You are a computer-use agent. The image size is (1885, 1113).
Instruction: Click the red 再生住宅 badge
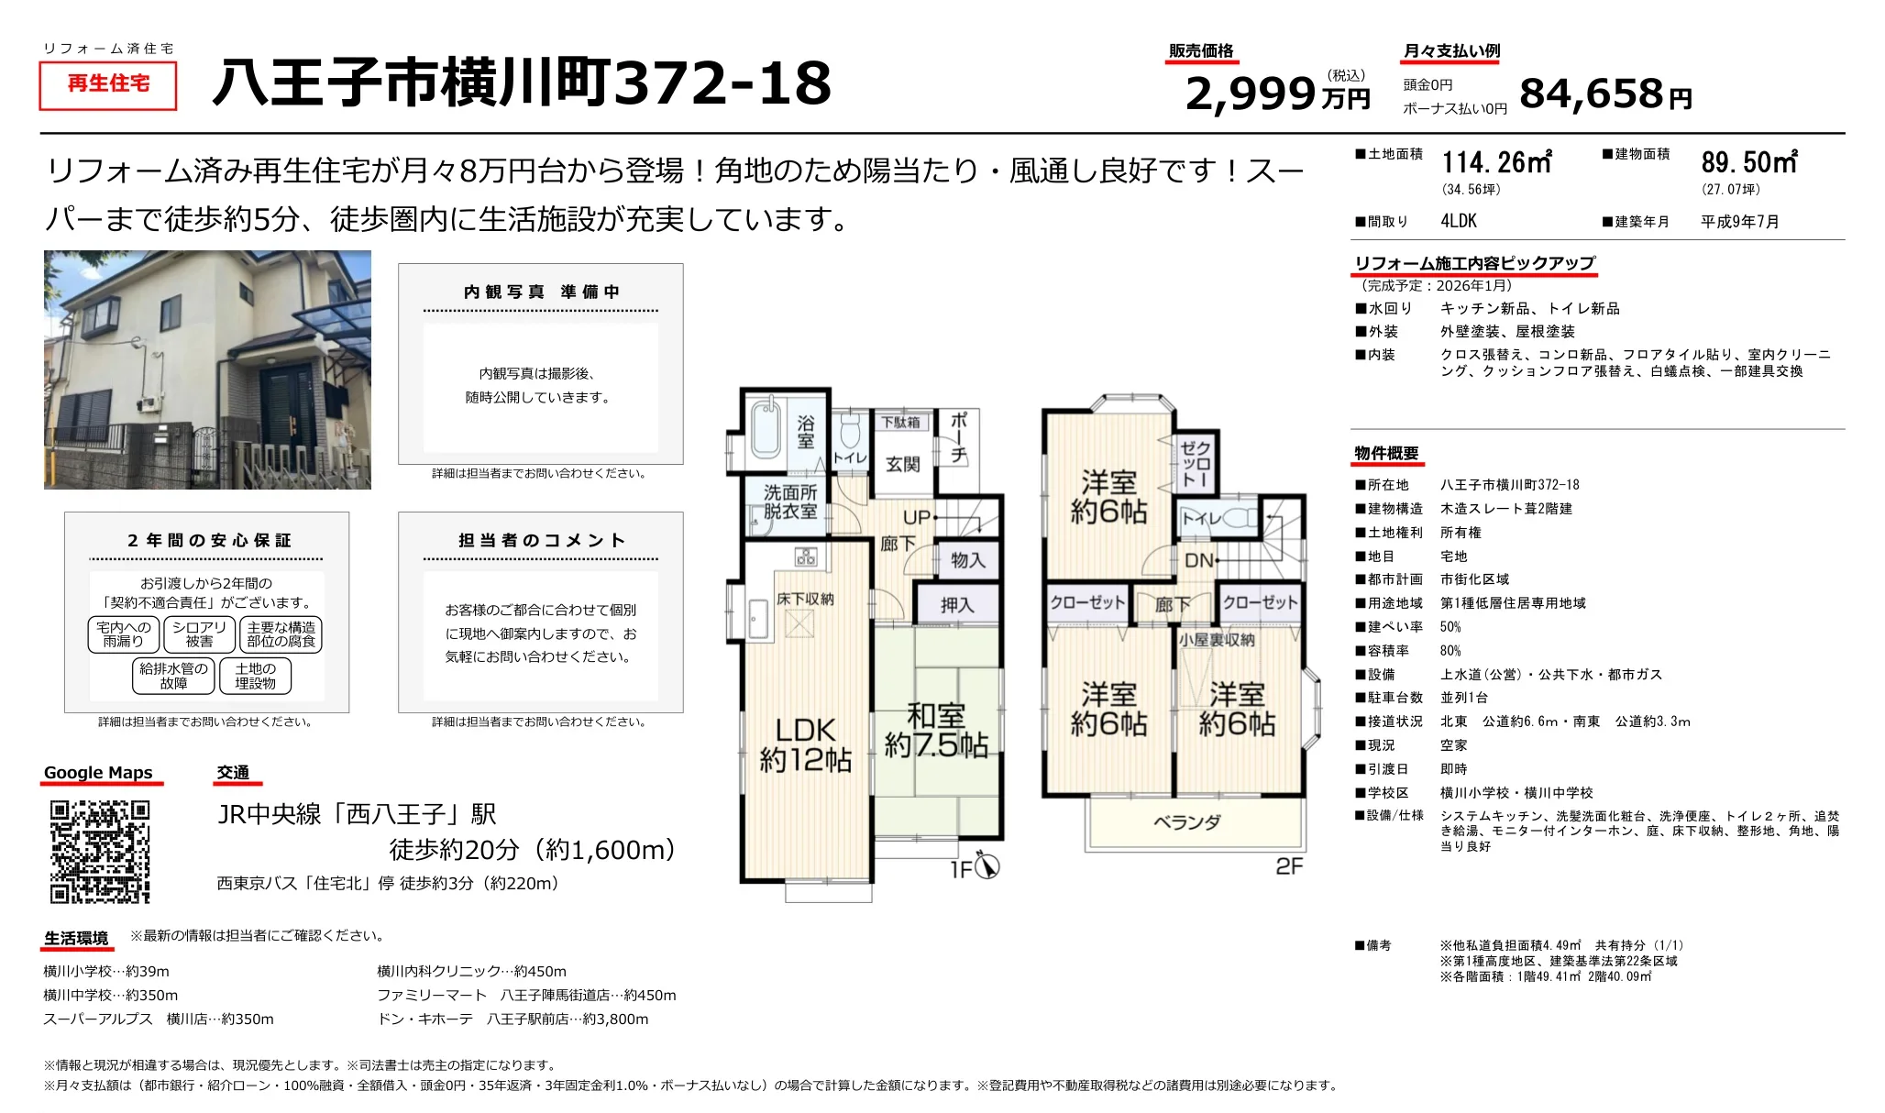pos(108,84)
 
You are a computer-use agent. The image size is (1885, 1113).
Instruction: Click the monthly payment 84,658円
pos(1604,94)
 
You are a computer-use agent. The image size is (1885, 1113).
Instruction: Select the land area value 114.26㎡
pos(1495,163)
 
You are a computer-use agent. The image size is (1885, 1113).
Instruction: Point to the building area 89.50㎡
pos(1748,163)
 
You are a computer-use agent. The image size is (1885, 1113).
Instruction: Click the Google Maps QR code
pos(99,852)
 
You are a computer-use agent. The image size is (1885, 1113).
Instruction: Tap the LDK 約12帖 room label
pos(805,744)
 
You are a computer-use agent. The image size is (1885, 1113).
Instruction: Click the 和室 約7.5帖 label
pos(936,730)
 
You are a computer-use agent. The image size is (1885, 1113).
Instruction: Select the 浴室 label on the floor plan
pos(805,433)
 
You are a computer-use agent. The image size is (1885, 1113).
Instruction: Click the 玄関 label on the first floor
pos(902,465)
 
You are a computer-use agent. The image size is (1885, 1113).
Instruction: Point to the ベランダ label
pos(1186,822)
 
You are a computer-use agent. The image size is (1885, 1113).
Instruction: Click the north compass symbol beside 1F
pos(987,865)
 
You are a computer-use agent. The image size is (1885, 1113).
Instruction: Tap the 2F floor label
pos(1288,866)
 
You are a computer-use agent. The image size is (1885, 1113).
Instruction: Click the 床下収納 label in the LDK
pos(805,599)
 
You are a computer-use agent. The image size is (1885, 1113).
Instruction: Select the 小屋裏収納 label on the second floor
pos(1217,640)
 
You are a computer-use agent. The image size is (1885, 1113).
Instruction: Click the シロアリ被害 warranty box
pos(199,634)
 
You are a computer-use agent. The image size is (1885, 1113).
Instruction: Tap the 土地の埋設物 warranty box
pos(255,677)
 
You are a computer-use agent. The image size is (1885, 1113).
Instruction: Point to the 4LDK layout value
pos(1459,221)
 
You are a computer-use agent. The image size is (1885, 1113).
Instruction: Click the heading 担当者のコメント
pos(541,540)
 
